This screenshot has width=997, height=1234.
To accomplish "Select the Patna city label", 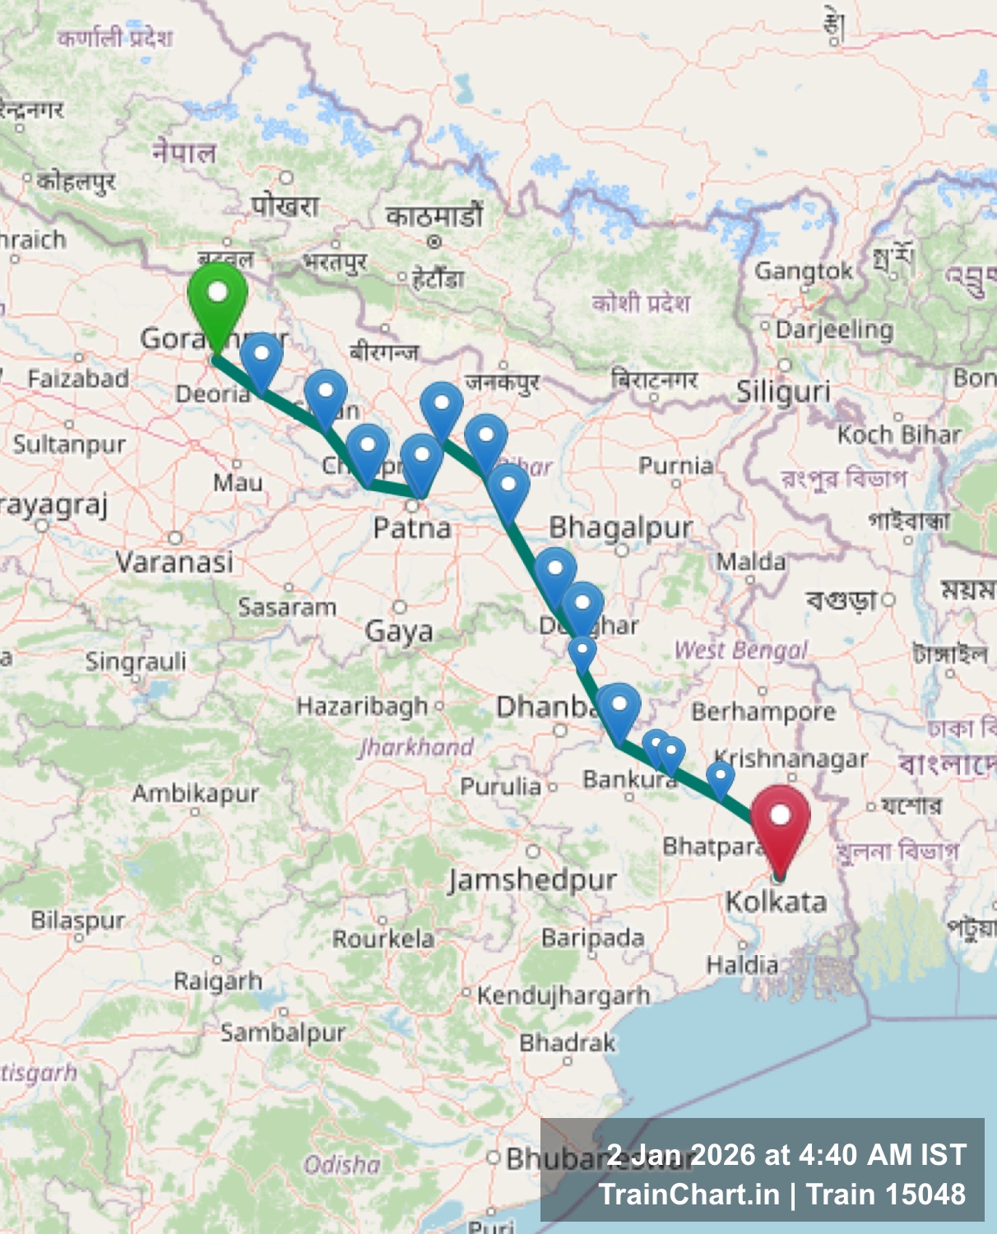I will click(411, 527).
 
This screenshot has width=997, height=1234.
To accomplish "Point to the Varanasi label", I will click(174, 563).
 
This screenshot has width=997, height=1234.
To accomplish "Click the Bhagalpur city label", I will click(620, 527).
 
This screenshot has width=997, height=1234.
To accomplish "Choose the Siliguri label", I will click(782, 392).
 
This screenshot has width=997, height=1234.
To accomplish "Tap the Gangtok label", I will click(803, 271).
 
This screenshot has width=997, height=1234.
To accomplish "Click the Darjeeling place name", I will click(833, 330).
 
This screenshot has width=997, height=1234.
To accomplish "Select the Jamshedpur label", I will click(532, 879).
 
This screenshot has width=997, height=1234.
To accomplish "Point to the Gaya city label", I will click(399, 631).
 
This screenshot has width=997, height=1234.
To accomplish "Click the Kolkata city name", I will click(775, 902).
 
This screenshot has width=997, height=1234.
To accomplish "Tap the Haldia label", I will click(742, 964).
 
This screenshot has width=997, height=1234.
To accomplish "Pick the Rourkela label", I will click(383, 938).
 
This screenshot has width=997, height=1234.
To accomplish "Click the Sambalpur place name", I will click(282, 1032).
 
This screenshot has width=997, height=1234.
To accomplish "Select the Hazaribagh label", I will click(362, 706).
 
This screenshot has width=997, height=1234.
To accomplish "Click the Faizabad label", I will click(78, 378).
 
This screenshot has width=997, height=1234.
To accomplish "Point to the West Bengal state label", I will click(741, 650).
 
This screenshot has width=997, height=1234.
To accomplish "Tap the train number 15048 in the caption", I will click(925, 1195).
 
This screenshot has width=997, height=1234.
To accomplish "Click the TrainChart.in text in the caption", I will click(689, 1195).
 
